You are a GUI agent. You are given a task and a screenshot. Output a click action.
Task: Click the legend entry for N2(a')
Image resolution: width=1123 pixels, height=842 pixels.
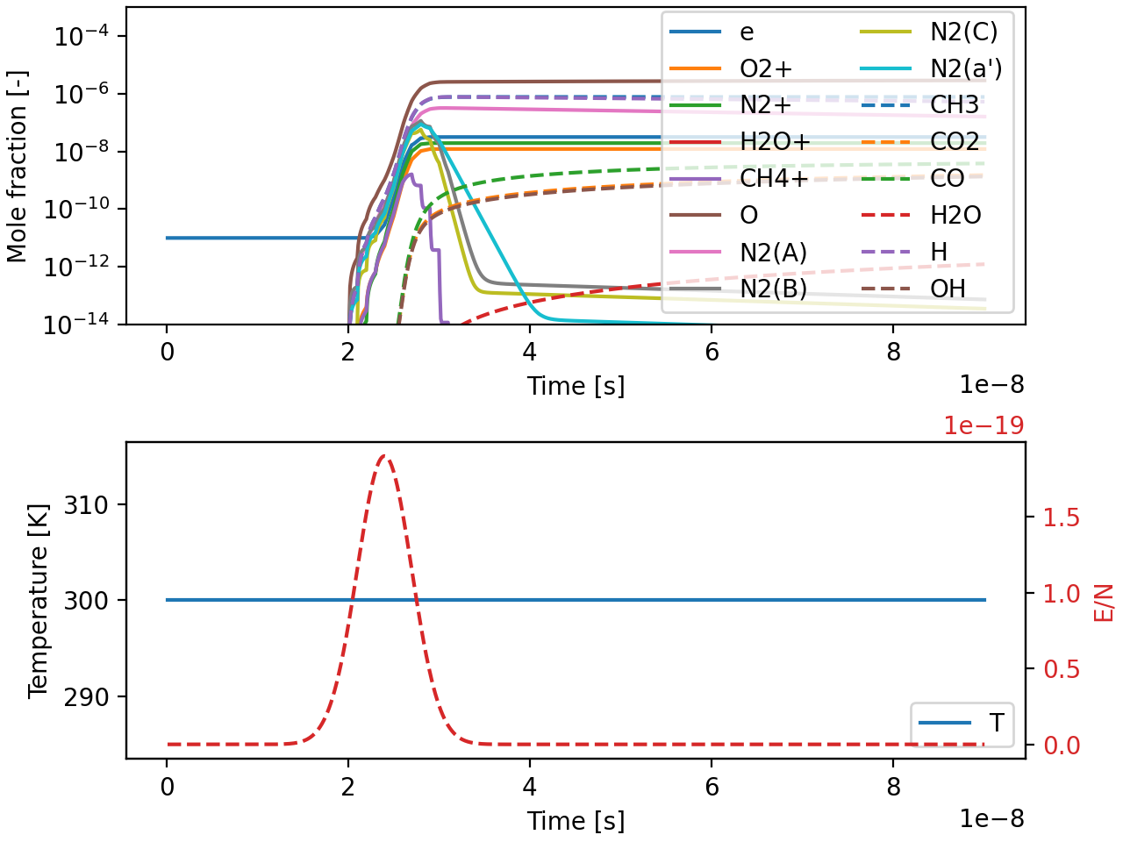click(x=965, y=68)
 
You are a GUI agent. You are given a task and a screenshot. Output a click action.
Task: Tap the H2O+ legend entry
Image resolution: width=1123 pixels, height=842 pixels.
click(x=775, y=142)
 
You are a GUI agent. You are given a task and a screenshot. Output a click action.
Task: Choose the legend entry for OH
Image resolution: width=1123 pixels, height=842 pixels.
click(x=948, y=289)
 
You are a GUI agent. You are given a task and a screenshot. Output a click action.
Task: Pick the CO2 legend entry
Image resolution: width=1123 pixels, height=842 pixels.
click(x=955, y=142)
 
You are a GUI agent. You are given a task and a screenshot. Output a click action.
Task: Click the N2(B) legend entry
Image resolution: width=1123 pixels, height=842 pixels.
click(x=773, y=289)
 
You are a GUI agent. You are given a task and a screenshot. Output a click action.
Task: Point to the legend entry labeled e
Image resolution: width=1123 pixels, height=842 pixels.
click(x=747, y=32)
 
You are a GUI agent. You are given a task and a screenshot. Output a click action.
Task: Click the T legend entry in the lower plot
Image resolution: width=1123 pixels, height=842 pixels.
click(x=996, y=723)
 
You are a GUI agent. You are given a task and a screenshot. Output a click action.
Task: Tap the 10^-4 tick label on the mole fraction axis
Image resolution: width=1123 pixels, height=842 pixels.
click(x=78, y=37)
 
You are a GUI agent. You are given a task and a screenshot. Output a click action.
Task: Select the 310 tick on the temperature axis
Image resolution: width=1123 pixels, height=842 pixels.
click(x=86, y=505)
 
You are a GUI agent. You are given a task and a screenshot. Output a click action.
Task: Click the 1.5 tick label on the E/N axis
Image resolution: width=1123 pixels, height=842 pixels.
click(x=1061, y=517)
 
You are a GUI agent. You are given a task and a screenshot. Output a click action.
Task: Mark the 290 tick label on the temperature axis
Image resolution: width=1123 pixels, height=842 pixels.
click(x=86, y=697)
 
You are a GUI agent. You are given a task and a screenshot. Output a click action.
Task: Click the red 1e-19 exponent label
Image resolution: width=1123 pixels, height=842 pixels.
click(x=984, y=425)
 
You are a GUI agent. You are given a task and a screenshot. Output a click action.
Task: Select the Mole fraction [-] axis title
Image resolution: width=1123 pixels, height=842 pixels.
click(x=18, y=167)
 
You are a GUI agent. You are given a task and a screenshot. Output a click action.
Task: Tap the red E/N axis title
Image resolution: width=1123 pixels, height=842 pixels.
click(x=1103, y=603)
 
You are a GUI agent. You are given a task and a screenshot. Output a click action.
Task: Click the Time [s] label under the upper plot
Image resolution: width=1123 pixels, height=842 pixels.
click(x=576, y=386)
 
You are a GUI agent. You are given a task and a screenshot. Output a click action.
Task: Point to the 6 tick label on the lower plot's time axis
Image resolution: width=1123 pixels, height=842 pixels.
click(x=712, y=787)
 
